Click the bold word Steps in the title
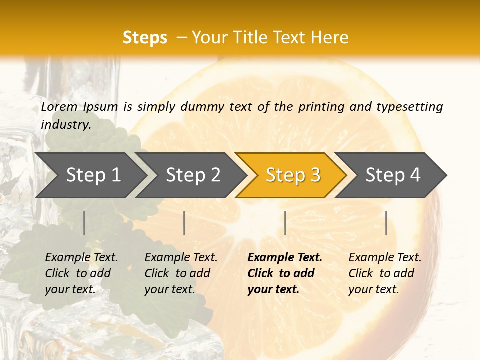click(x=145, y=38)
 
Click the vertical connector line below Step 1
click(x=84, y=223)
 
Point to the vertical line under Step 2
click(x=184, y=223)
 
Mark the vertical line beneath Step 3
click(x=285, y=223)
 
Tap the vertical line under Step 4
click(x=386, y=223)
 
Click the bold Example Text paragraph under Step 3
click(x=284, y=273)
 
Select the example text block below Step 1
click(x=81, y=273)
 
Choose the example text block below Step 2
click(x=181, y=273)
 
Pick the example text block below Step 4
click(x=385, y=273)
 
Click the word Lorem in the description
click(x=59, y=106)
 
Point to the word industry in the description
click(x=65, y=125)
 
